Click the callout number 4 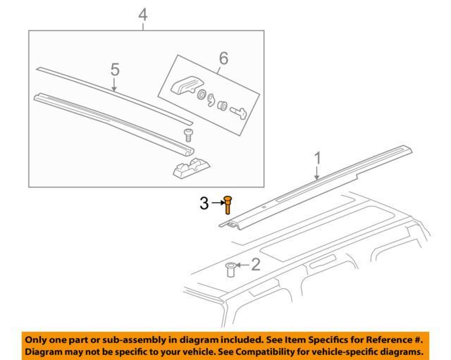143,15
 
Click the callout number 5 115,70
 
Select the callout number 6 223,58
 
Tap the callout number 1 317,159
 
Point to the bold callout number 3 204,204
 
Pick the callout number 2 256,264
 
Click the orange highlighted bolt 228,205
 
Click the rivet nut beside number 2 230,269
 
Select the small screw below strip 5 188,135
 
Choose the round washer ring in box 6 202,94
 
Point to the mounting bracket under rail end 191,167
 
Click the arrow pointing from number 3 218,203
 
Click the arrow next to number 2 242,264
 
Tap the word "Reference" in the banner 386,340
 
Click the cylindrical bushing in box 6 222,106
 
